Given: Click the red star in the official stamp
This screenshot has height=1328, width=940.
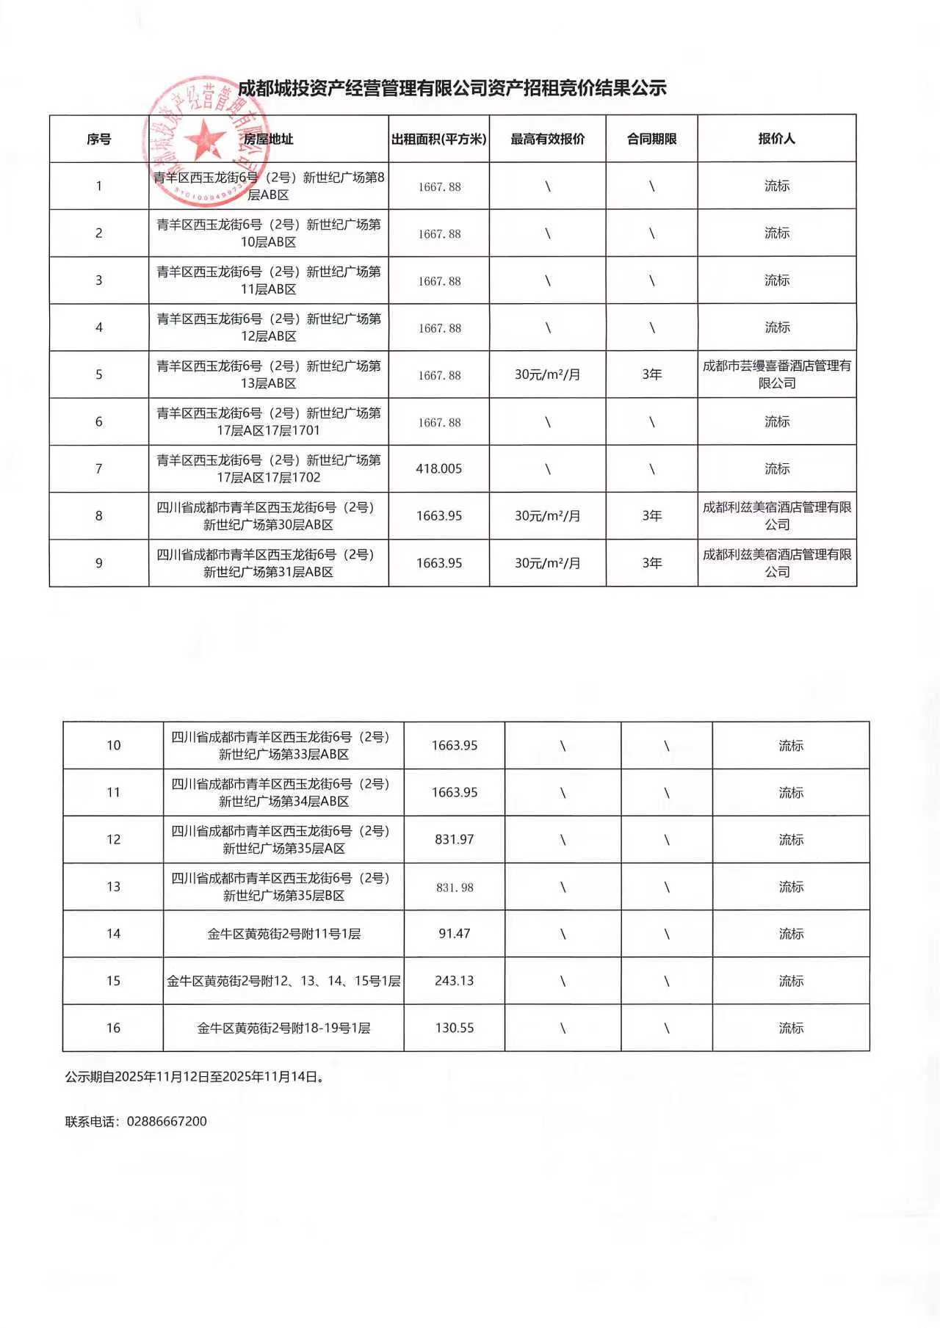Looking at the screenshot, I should tap(204, 139).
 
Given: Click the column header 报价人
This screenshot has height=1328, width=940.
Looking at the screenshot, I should tap(776, 139).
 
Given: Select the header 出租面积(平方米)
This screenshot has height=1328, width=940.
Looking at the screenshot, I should tap(438, 139).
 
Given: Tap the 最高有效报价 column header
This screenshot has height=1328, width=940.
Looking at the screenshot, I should tap(547, 139).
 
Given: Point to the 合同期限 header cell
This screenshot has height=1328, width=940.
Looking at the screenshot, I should tap(651, 139).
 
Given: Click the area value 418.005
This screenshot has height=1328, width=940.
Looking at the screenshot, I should tap(438, 468).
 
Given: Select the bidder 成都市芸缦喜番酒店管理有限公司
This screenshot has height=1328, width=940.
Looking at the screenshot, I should tap(776, 374).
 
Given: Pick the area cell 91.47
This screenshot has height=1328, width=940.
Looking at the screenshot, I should tap(454, 934).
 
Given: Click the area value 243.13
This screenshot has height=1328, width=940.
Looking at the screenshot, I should tap(454, 981).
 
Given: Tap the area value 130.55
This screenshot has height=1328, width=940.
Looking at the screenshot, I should tap(454, 1028).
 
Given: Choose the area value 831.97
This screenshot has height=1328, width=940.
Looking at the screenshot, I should tap(454, 839).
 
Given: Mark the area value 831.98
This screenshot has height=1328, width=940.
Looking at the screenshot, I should tap(454, 887).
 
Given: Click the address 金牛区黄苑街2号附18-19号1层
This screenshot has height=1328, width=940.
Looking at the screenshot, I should tap(283, 1028).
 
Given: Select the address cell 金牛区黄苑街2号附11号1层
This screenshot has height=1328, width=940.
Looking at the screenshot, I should tap(283, 934).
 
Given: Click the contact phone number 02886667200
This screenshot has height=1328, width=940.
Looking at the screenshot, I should tap(167, 1121).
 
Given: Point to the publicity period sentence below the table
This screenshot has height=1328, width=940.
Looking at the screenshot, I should tap(195, 1077).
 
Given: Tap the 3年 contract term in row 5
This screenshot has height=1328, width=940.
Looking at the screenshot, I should tap(651, 374).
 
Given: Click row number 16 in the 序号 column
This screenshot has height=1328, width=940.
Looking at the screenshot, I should tap(113, 1028).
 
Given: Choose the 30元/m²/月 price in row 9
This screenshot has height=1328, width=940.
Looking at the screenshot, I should tap(547, 563).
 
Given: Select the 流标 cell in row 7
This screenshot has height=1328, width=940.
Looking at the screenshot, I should tap(776, 468).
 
